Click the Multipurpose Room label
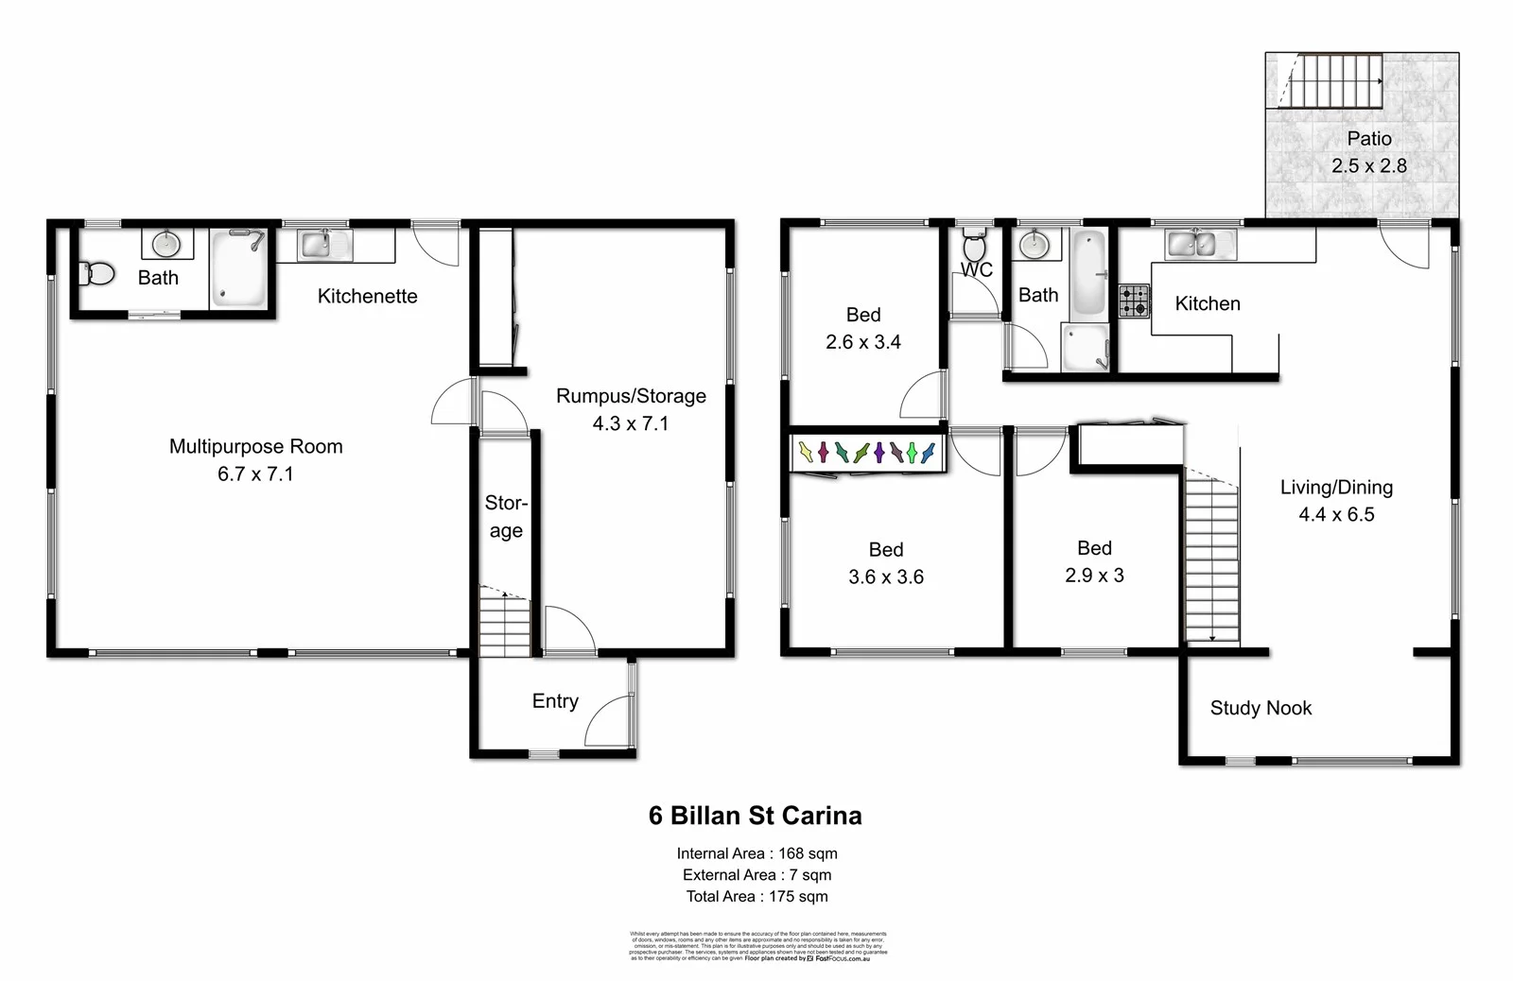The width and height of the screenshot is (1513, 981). point(255,447)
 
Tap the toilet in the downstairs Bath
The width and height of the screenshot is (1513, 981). point(96,274)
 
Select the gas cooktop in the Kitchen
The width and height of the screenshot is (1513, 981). point(1134,301)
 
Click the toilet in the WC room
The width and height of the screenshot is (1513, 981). point(974,247)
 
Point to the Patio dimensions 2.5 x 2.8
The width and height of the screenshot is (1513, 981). point(1368,166)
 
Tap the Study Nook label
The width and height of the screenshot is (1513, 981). point(1261,708)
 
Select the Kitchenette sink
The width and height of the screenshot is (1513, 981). point(325,246)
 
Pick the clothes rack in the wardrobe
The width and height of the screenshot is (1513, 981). point(867,453)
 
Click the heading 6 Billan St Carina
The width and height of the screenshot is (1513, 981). point(755,816)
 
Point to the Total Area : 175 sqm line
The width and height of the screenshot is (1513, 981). point(756,896)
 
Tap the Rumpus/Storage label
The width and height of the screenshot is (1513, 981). point(631,396)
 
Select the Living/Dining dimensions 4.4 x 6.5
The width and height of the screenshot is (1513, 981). point(1336,515)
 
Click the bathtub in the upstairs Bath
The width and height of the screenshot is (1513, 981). point(1088,274)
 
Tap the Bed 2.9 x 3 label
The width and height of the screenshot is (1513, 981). point(1094,561)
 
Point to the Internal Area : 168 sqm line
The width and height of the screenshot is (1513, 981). point(756,853)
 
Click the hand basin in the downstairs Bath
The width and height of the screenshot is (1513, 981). point(167,244)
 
